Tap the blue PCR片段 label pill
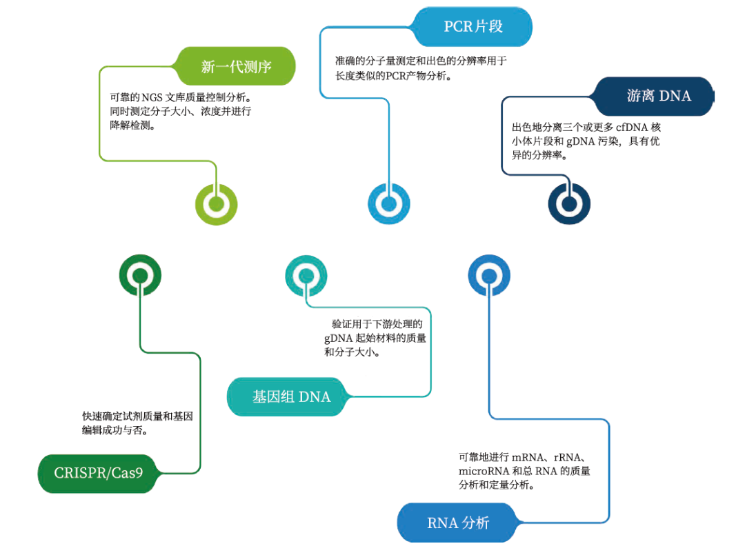coord(473,27)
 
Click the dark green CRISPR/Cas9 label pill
coord(97,474)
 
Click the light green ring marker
coord(216,204)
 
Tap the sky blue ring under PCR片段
coord(388,204)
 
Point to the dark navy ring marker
coord(569,204)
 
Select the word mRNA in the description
coord(529,457)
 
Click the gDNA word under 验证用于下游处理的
coord(338,338)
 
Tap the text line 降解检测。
coord(132,125)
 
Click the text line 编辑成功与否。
coord(116,430)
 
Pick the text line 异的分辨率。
coord(539,156)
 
